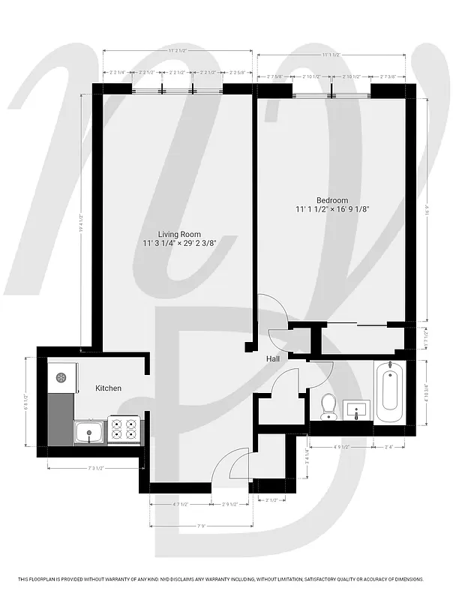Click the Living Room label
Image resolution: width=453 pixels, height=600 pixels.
click(179, 235)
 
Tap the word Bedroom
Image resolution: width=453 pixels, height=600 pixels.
click(331, 200)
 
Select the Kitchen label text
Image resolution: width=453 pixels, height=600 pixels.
click(108, 388)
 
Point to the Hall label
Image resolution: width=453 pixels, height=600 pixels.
click(273, 360)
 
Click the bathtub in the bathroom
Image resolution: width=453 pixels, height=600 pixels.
click(389, 393)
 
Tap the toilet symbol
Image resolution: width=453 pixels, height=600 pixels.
click(327, 406)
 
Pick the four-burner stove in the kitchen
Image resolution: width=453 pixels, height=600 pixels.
click(125, 428)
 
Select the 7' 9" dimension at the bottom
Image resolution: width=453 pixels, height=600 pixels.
click(201, 525)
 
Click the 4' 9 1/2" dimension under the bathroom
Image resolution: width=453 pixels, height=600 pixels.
click(342, 448)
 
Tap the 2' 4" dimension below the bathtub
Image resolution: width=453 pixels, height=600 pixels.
click(390, 448)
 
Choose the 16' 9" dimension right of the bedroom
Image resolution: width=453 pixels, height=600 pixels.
click(426, 211)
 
